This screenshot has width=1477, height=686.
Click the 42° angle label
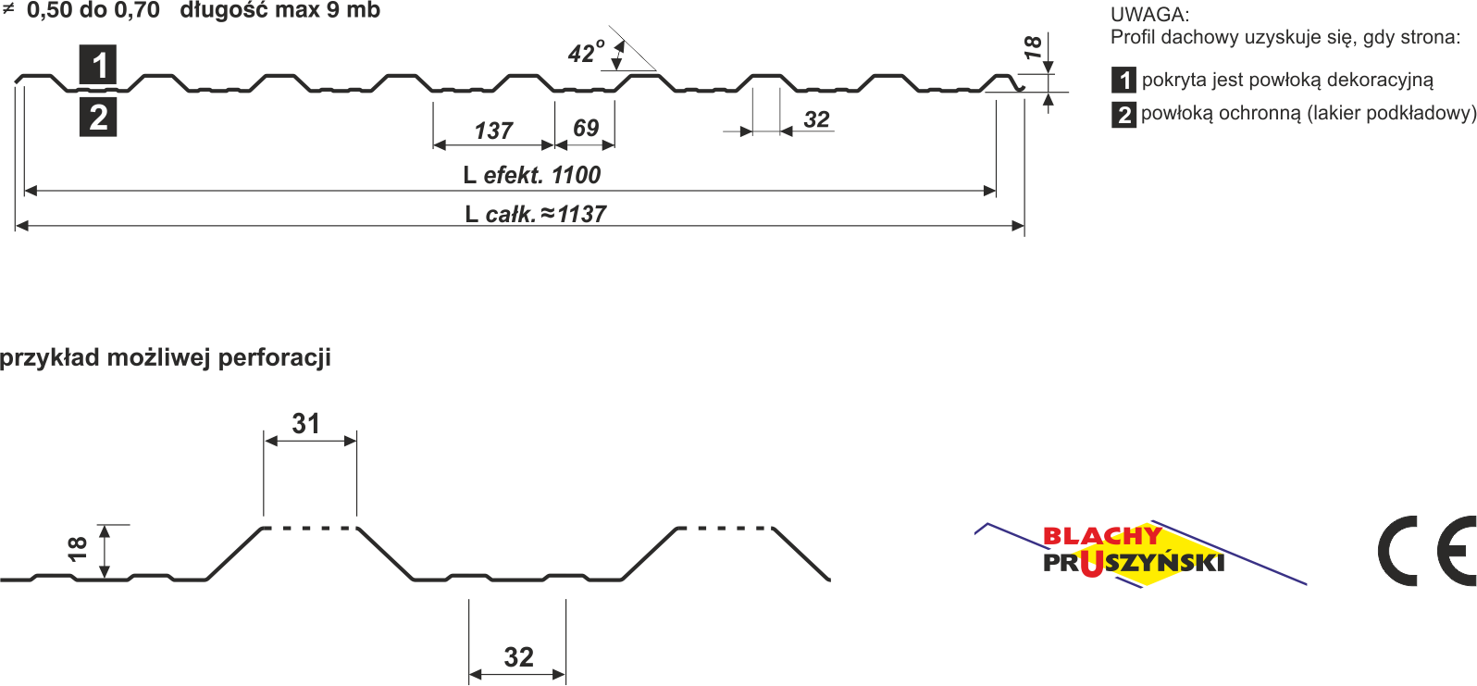pos(586,53)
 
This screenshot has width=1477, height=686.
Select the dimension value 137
pos(493,131)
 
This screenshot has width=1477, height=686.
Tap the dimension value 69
pos(586,128)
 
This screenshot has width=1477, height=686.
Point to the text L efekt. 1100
pos(532,175)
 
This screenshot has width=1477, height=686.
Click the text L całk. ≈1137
pos(536,214)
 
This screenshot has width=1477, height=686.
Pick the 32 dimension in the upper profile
pos(816,119)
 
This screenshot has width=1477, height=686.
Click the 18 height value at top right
pos(1033,47)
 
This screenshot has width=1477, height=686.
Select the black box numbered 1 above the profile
pos(98,65)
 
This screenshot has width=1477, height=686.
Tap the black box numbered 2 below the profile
pos(98,118)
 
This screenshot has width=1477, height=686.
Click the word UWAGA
pos(1149,14)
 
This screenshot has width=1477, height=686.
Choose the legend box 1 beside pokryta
pos(1124,81)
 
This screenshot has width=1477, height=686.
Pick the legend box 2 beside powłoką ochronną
pos(1124,115)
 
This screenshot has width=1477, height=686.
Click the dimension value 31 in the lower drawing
pos(306,424)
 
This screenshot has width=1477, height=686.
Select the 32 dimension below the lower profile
pos(518,657)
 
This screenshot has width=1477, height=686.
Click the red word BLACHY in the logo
pos(1101,536)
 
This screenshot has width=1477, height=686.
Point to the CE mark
pos(1426,551)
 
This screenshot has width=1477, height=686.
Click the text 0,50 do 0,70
pos(93,11)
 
